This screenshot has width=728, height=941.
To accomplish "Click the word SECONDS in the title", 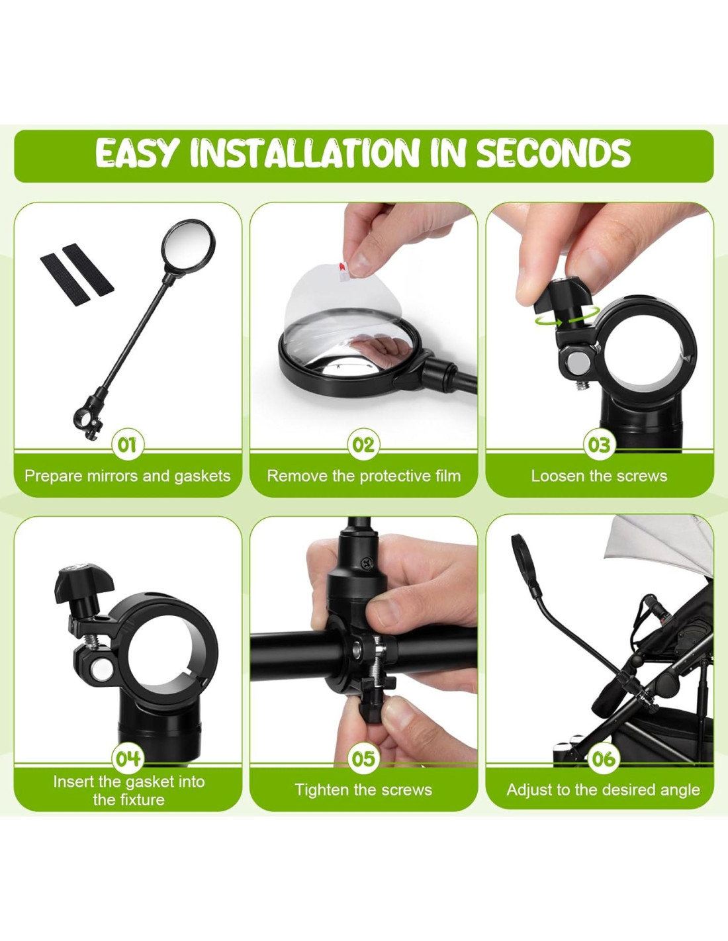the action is coord(554,153).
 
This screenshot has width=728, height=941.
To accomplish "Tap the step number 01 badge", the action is coord(127,445).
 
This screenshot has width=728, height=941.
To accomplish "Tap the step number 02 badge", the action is coord(363,445).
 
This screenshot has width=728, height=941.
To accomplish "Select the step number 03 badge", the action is coord(599,445).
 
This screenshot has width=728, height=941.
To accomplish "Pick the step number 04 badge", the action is coord(128,758).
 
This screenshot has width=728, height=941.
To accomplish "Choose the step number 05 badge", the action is coord(363,758).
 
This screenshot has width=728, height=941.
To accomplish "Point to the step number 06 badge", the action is coord(604,758).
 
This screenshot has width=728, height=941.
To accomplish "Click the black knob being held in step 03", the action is coord(562,296).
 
